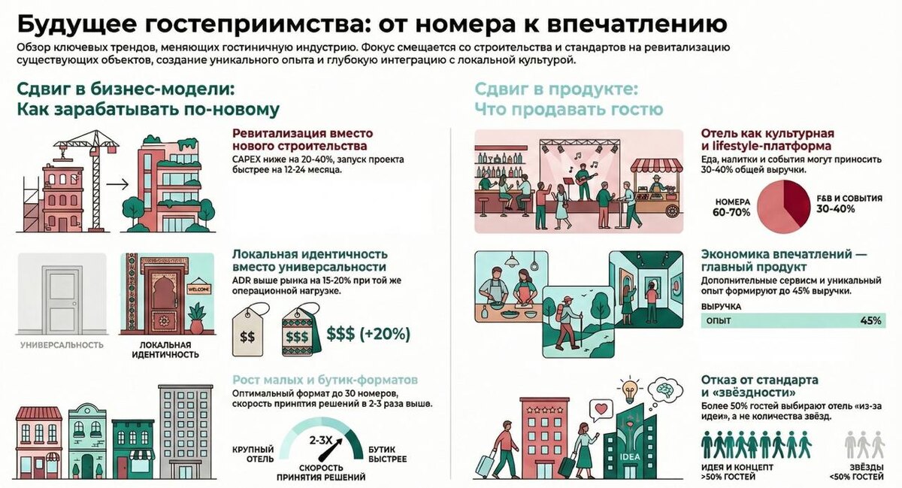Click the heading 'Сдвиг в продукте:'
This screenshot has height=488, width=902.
point(556,89)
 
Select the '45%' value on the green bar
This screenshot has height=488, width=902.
point(870,321)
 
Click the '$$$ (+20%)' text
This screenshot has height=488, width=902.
point(368,334)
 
